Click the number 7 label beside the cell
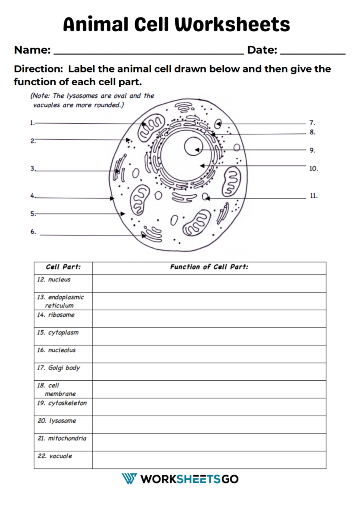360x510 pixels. click(x=312, y=123)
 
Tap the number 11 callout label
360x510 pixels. click(x=314, y=196)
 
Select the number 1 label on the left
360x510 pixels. click(x=32, y=123)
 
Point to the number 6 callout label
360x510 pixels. click(x=33, y=231)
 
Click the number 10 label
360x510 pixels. click(x=314, y=169)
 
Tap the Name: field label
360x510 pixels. click(x=32, y=50)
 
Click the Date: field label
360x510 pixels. click(x=262, y=50)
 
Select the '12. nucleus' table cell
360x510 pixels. click(x=54, y=279)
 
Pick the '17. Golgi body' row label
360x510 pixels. click(x=58, y=367)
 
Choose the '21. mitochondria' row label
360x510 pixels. click(x=62, y=438)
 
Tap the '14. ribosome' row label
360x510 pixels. click(x=56, y=315)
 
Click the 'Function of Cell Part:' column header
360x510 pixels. click(x=209, y=267)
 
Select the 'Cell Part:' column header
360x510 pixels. click(x=63, y=267)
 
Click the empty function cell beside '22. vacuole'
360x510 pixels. click(x=209, y=460)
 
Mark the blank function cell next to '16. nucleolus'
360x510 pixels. click(x=209, y=354)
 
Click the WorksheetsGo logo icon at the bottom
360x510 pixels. click(x=129, y=479)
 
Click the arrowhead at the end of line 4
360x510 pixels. click(x=112, y=198)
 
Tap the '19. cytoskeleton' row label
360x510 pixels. click(x=62, y=403)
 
